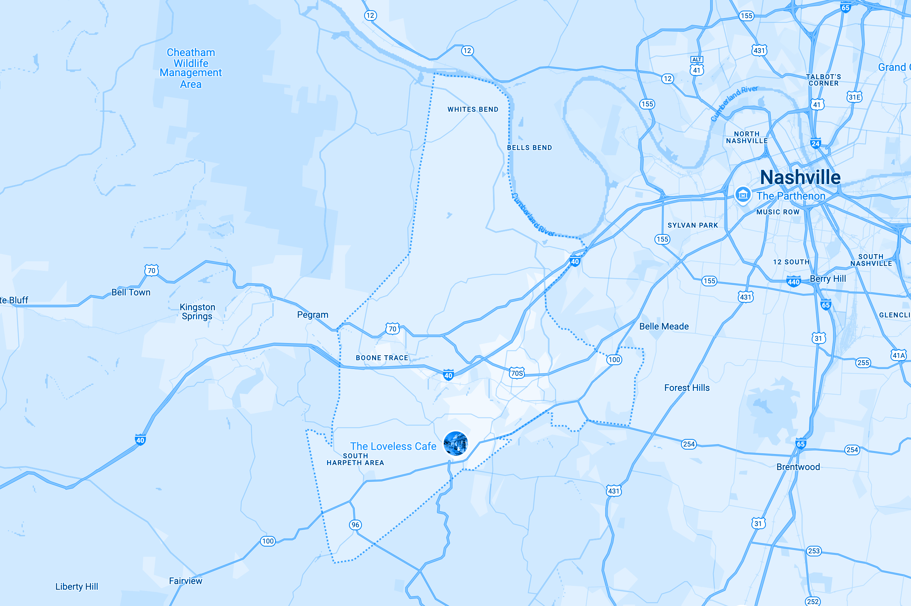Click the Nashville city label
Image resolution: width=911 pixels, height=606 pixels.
(x=800, y=177)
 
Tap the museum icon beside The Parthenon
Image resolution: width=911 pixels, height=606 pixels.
(x=742, y=195)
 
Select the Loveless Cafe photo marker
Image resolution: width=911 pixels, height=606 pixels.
(x=455, y=443)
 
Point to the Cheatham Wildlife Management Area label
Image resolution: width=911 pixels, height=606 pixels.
(x=191, y=68)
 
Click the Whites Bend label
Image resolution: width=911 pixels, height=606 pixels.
(x=473, y=109)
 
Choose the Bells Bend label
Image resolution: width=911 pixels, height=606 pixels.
(x=529, y=148)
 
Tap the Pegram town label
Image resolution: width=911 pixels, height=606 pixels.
(x=312, y=315)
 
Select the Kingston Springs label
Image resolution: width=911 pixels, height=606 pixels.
(x=197, y=311)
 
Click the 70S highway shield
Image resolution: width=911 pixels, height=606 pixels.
(x=517, y=373)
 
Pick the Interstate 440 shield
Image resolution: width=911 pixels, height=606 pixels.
(x=794, y=282)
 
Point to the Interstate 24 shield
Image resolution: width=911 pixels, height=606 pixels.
(x=816, y=144)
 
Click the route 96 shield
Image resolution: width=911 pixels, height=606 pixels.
(x=355, y=525)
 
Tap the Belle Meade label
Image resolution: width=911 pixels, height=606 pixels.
(x=664, y=326)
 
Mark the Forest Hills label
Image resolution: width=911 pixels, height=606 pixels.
(x=687, y=387)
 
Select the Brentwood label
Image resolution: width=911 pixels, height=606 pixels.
(x=798, y=467)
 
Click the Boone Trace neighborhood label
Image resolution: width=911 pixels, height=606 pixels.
(x=382, y=358)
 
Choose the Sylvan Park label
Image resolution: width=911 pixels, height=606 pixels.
(x=692, y=225)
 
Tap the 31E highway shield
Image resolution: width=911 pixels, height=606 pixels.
(x=854, y=97)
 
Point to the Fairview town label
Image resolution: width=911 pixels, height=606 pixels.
(x=186, y=581)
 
